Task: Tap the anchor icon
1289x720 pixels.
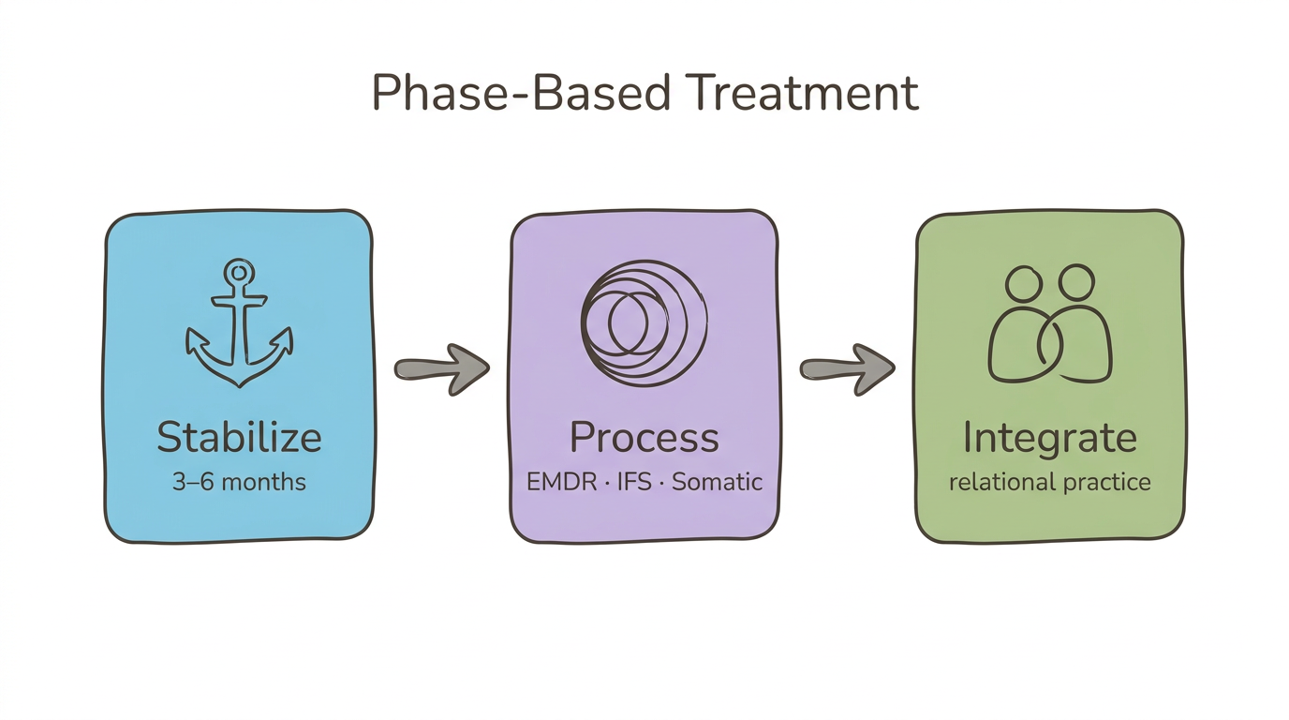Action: pyautogui.click(x=239, y=324)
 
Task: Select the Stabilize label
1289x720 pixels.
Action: pyautogui.click(x=239, y=438)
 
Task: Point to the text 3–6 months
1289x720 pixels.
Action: pyautogui.click(x=239, y=483)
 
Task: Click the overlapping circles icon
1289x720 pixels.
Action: pyautogui.click(x=644, y=324)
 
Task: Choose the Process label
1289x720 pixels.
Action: pyautogui.click(x=644, y=438)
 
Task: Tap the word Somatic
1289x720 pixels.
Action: pyautogui.click(x=718, y=483)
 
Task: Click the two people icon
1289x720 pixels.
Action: pyautogui.click(x=1049, y=324)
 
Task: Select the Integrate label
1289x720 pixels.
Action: pyautogui.click(x=1049, y=438)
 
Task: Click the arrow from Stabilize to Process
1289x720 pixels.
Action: pyautogui.click(x=441, y=367)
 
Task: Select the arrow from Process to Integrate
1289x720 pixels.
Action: pyautogui.click(x=846, y=367)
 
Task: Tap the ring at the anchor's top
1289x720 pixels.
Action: pyautogui.click(x=240, y=273)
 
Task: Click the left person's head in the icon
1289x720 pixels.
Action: pyautogui.click(x=1023, y=283)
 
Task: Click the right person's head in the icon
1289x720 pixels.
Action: pyautogui.click(x=1075, y=281)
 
